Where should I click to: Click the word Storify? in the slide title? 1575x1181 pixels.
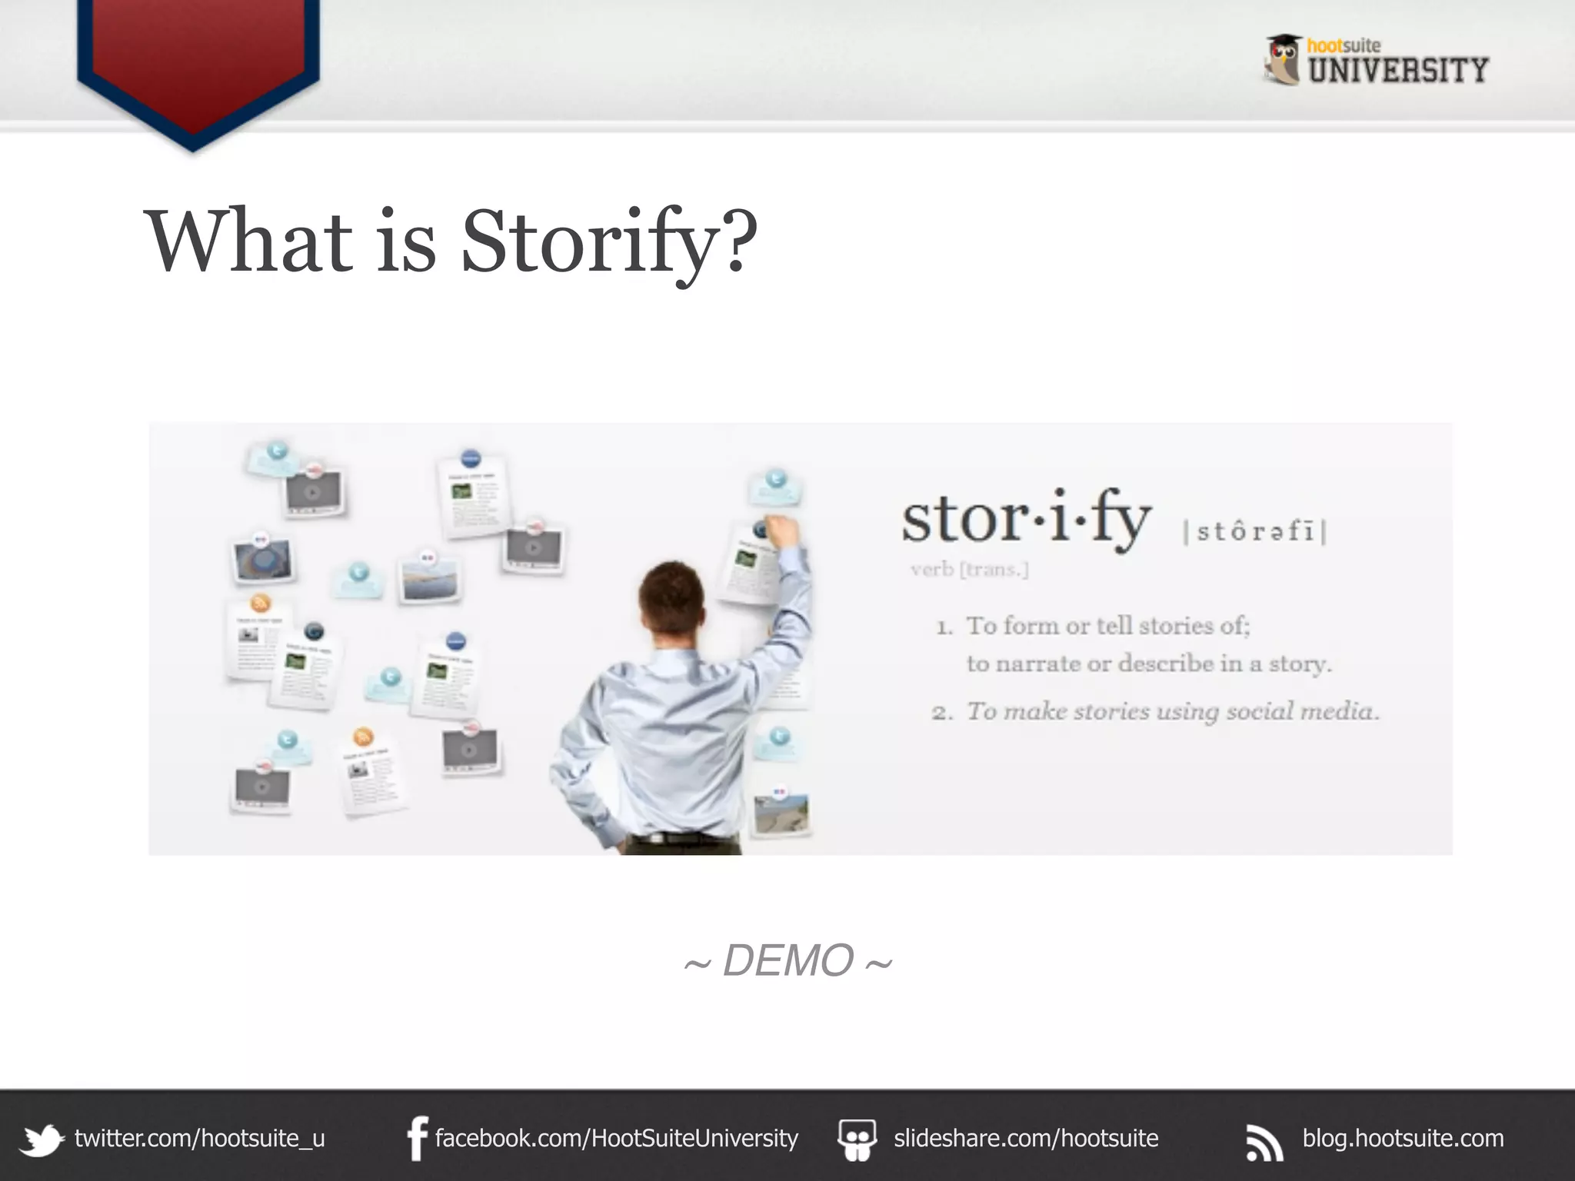click(x=608, y=241)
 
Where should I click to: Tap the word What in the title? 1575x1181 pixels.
click(x=248, y=241)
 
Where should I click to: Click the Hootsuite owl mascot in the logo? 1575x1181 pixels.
click(x=1283, y=59)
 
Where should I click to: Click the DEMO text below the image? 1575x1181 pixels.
click(x=788, y=960)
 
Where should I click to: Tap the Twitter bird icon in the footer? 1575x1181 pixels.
click(x=42, y=1139)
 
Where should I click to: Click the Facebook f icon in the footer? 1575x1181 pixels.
click(x=417, y=1139)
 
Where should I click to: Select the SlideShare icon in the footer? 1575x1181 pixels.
click(x=857, y=1139)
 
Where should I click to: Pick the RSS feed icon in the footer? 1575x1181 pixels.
click(x=1264, y=1142)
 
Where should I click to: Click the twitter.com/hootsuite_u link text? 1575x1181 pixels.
click(x=200, y=1138)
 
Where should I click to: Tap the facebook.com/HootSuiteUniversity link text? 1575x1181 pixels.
click(x=617, y=1138)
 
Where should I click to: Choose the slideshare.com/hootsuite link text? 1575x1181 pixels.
click(x=1026, y=1138)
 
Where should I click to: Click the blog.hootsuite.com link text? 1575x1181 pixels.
click(x=1403, y=1138)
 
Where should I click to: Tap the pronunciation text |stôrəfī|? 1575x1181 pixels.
click(x=1255, y=531)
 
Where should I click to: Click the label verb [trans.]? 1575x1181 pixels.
click(x=969, y=570)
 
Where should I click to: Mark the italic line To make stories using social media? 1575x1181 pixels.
click(x=1172, y=711)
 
